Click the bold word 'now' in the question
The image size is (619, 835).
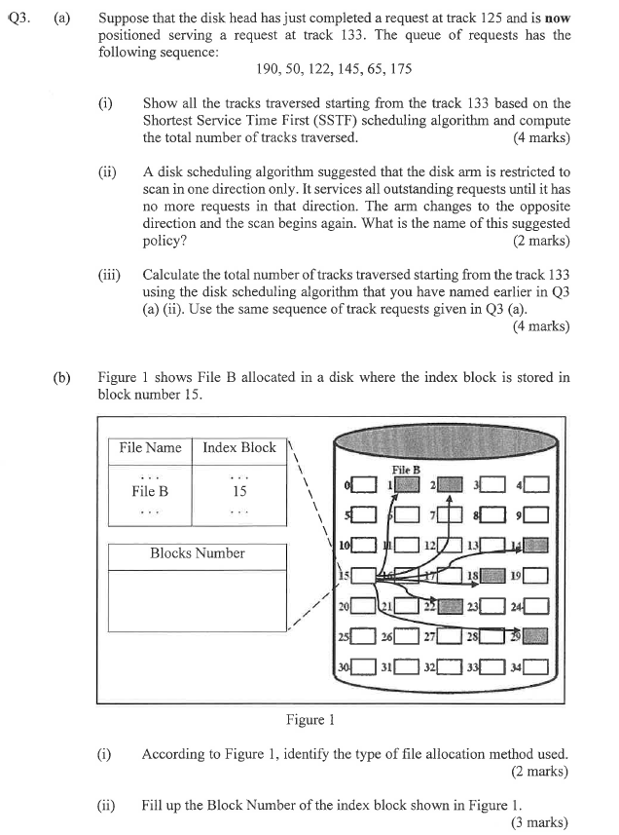[557, 19]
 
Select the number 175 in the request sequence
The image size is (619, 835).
[399, 69]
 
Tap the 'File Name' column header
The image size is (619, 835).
[150, 447]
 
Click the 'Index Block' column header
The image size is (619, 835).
[238, 447]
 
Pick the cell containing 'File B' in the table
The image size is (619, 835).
[150, 491]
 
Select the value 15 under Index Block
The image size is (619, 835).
[239, 491]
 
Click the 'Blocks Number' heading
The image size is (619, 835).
[197, 552]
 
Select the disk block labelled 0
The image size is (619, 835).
[364, 484]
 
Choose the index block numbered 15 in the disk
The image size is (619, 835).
[364, 576]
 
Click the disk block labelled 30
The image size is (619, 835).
[364, 667]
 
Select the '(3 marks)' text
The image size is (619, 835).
[539, 822]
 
